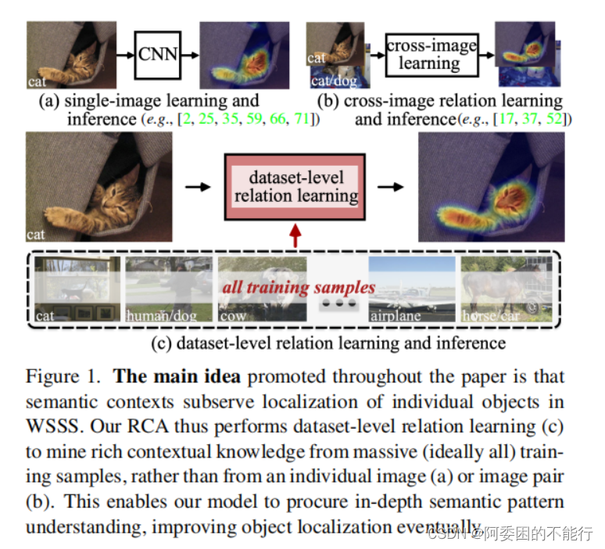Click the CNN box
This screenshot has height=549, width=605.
tap(157, 54)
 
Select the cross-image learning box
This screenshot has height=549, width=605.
tap(431, 54)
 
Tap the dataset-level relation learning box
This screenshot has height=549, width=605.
tap(296, 187)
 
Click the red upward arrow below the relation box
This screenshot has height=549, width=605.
tap(295, 235)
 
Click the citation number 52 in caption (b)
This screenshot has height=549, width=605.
tap(556, 119)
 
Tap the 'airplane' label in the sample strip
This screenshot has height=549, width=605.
tap(396, 316)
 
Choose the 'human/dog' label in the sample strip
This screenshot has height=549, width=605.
tap(158, 316)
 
